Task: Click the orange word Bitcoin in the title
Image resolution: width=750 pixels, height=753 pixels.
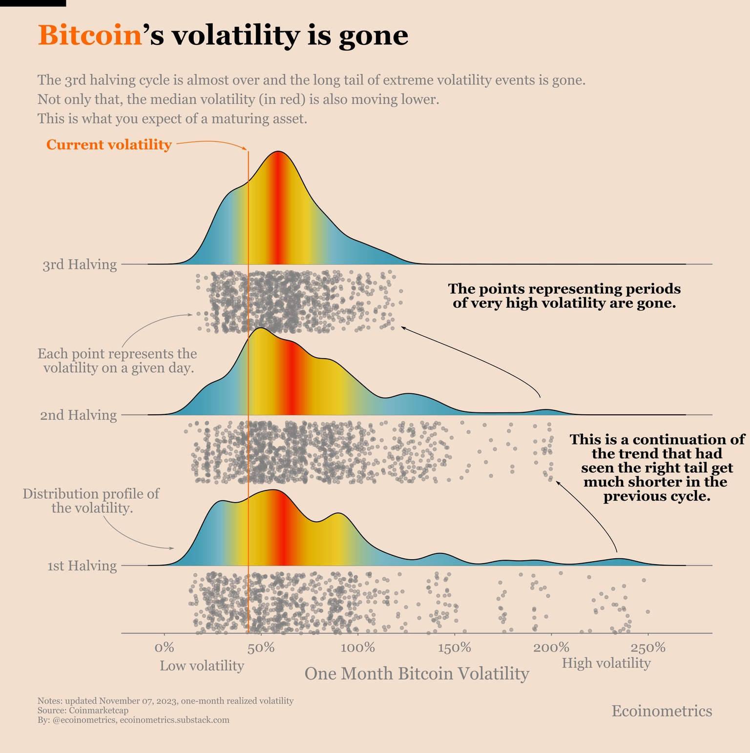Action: (90, 36)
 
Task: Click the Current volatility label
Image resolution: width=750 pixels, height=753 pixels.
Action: (109, 145)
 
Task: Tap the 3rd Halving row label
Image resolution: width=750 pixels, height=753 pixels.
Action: (80, 265)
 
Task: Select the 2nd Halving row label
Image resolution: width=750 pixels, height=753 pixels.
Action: (79, 415)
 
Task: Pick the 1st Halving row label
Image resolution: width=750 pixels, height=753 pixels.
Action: (82, 566)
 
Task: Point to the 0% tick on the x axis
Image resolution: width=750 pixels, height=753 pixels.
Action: (165, 648)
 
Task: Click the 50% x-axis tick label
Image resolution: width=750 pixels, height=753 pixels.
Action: (261, 648)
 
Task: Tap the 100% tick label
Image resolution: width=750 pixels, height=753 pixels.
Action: (357, 648)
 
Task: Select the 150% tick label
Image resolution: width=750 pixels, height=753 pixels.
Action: (454, 648)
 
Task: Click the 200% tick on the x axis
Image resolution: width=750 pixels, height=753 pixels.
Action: (551, 648)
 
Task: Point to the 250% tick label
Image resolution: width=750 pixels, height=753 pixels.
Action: (648, 648)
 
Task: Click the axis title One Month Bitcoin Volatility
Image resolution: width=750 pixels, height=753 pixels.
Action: (417, 674)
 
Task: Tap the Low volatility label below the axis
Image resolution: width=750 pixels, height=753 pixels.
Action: (202, 666)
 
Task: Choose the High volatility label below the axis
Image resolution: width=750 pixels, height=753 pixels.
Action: (606, 663)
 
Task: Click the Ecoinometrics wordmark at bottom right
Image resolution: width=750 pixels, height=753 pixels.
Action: (662, 711)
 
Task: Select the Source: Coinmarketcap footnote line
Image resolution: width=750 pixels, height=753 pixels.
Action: (83, 711)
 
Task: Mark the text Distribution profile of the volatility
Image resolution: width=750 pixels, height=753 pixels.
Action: (91, 501)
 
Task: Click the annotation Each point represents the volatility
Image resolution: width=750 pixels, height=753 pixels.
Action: (118, 360)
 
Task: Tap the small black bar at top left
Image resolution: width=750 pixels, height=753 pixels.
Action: (33, 3)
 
